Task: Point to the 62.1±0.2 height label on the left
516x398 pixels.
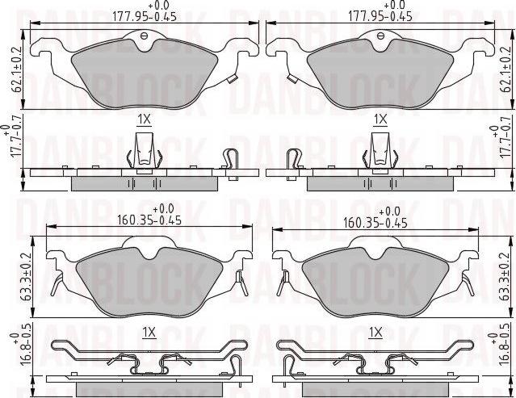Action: [x=17, y=69]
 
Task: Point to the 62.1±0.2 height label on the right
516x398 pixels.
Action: [x=504, y=69]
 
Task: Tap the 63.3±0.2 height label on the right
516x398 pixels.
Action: [x=504, y=277]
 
